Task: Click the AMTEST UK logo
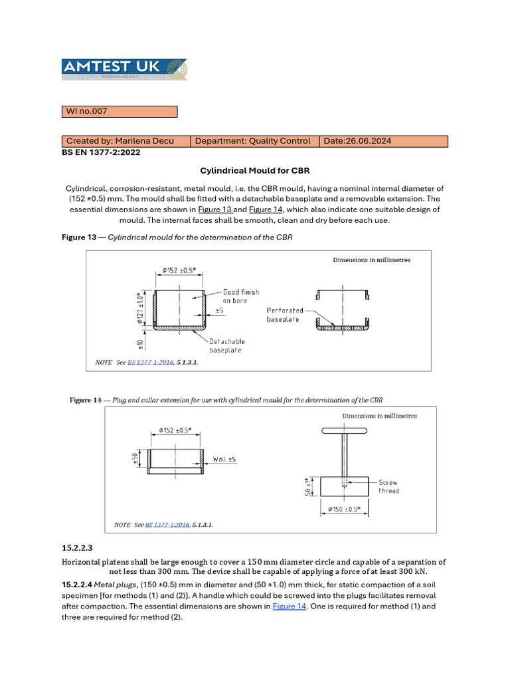point(124,70)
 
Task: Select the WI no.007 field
point(119,112)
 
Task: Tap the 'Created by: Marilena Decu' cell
point(126,141)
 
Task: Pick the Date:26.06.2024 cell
point(383,141)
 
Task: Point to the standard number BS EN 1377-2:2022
point(100,152)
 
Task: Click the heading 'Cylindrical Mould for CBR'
point(255,171)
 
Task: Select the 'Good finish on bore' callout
point(240,297)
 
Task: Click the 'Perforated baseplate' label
point(285,315)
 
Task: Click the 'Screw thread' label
point(388,487)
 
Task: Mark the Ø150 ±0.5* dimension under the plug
point(345,509)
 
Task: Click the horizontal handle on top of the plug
point(345,431)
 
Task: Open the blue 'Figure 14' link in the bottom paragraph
point(289,607)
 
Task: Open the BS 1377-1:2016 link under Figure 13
point(150,362)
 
